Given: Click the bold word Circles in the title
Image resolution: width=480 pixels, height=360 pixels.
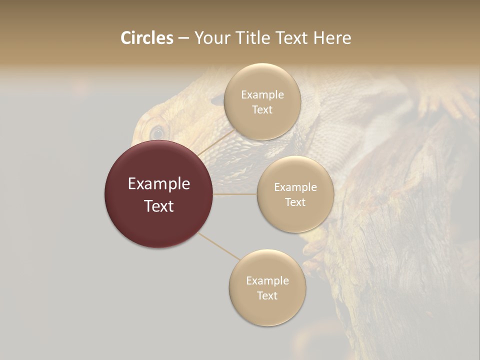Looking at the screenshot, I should [x=147, y=38].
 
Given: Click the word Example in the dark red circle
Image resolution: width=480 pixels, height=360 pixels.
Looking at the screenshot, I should [x=159, y=184].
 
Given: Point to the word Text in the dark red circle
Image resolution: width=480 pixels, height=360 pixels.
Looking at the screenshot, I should [x=159, y=206].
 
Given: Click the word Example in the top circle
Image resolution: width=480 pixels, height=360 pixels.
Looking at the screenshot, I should [x=262, y=95].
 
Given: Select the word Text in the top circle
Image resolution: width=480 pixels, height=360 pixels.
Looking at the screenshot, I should [x=262, y=110].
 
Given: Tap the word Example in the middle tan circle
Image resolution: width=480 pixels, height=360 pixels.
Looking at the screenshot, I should [x=295, y=187].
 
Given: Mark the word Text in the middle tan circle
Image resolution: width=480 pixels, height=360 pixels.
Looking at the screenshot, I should [x=295, y=202].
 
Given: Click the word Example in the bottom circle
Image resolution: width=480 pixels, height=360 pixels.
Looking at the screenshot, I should [x=267, y=281].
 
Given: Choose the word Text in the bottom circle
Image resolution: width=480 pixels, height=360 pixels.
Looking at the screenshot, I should [x=267, y=296].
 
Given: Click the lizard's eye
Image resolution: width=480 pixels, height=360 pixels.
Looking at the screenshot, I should [x=157, y=133].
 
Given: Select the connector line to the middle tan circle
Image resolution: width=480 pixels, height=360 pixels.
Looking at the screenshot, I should [x=235, y=193].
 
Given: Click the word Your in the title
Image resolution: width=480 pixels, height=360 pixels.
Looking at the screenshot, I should [x=212, y=38].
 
